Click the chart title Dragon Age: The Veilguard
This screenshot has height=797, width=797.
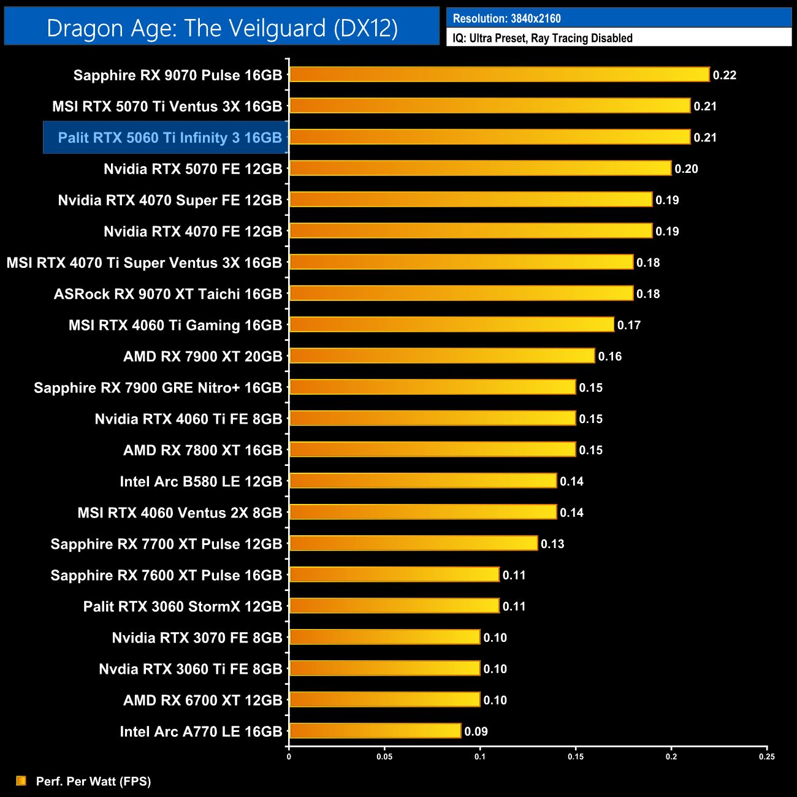[x=222, y=28]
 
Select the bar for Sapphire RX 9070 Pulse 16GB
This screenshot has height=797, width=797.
[x=499, y=75]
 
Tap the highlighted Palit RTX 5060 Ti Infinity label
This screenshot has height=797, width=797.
[x=169, y=138]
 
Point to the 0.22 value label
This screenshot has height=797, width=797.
[x=725, y=75]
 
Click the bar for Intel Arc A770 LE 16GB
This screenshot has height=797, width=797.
[x=375, y=731]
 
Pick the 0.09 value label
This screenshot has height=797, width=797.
[x=476, y=731]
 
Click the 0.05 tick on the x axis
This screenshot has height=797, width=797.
[x=384, y=757]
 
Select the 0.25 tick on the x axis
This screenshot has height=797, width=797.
[x=767, y=757]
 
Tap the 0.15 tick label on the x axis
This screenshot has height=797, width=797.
[x=576, y=757]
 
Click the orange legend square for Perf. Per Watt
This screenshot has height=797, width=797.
[x=21, y=780]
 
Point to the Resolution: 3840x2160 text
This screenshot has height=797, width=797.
[x=506, y=18]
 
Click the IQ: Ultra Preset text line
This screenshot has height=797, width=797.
[x=542, y=38]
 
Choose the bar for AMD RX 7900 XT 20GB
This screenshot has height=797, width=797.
[x=441, y=356]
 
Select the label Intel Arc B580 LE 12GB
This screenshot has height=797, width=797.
[x=200, y=482]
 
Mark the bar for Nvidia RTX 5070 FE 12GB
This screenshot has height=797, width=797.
[x=480, y=168]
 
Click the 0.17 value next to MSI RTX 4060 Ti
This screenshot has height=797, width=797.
[x=629, y=326]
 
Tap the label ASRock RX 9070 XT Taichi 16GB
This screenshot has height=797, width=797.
[x=167, y=294]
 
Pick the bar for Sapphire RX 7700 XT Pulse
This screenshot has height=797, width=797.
[x=413, y=543]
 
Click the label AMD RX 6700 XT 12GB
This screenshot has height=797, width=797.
[x=202, y=701]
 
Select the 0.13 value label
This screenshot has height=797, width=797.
[x=552, y=544]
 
